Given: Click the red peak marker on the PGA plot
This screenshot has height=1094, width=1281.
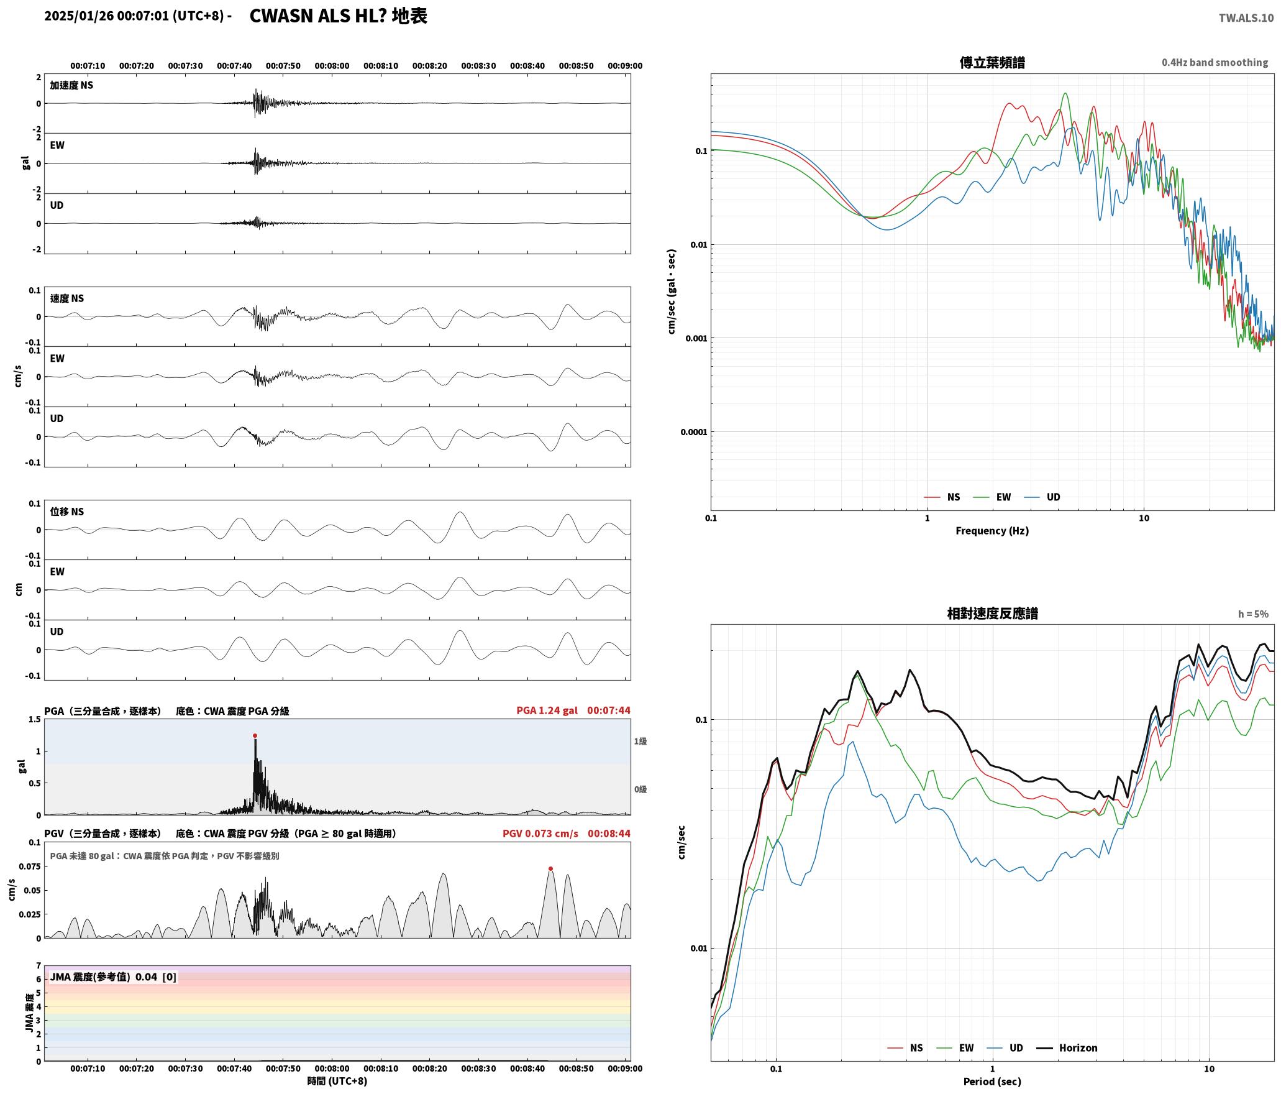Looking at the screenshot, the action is [255, 735].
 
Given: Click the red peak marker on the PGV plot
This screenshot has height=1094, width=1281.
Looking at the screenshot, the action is [550, 868].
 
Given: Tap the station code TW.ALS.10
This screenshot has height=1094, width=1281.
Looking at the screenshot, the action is [1246, 17].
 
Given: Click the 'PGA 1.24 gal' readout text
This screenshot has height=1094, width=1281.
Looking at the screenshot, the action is [547, 710].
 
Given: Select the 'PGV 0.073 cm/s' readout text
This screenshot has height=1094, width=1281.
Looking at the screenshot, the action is [540, 833].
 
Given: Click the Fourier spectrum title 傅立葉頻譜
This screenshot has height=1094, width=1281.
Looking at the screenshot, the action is [992, 62].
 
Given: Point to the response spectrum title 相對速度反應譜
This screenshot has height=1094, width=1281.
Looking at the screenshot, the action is [992, 613].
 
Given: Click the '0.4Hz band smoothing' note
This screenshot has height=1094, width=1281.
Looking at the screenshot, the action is [1215, 62].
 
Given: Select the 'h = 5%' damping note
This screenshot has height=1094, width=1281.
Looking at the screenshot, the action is [1253, 614].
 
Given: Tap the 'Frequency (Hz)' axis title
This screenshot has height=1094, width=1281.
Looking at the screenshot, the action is [992, 530].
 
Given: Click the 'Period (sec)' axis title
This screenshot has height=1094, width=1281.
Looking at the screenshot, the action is [992, 1081].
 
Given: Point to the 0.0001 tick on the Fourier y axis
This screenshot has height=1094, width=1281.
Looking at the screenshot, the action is [694, 432].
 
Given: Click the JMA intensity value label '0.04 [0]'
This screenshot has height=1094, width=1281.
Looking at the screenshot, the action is [156, 977].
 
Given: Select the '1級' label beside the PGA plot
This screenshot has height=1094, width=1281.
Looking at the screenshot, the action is [640, 741].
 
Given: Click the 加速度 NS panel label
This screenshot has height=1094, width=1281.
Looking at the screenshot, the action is [71, 85].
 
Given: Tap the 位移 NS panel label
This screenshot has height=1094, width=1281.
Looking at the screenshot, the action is [66, 512].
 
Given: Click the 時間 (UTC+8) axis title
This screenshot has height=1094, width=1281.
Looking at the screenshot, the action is [337, 1081].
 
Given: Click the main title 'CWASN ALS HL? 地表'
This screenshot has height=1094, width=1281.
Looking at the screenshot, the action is [339, 16].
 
